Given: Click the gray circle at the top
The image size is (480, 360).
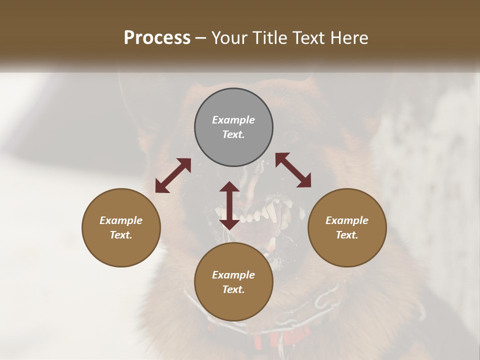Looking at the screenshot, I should click(x=233, y=127).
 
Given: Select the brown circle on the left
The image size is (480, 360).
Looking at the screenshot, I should click(x=121, y=227).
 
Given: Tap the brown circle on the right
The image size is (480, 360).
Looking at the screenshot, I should click(x=347, y=227).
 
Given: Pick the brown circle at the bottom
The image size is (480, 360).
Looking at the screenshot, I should click(x=233, y=282).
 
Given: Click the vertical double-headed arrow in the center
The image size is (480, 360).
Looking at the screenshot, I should click(x=229, y=205).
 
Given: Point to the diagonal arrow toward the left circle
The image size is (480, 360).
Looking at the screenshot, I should click(x=173, y=175).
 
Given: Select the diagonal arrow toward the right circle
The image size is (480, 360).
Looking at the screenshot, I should click(x=293, y=170).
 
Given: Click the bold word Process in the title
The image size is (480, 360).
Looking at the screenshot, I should click(x=157, y=37).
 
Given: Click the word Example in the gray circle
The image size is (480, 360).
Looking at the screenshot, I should click(x=233, y=120).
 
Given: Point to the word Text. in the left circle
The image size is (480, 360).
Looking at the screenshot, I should click(x=121, y=235).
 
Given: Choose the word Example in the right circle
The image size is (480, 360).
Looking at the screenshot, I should click(x=347, y=220).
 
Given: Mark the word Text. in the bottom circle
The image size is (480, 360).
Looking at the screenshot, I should click(x=233, y=289).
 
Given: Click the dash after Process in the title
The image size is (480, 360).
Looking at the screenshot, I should click(x=201, y=38).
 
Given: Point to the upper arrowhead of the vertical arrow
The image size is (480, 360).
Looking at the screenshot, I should click(x=229, y=187).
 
